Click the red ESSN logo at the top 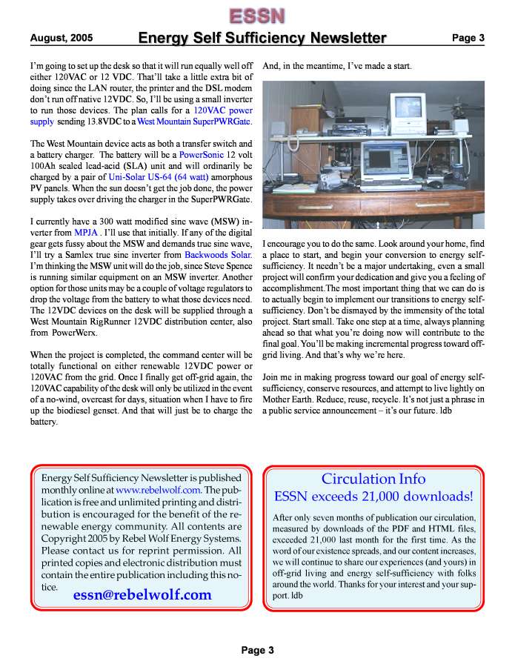click(x=256, y=15)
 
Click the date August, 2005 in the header click(x=62, y=38)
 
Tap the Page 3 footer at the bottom click(x=257, y=650)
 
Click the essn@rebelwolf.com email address click(x=142, y=594)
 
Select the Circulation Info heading click(x=373, y=479)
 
